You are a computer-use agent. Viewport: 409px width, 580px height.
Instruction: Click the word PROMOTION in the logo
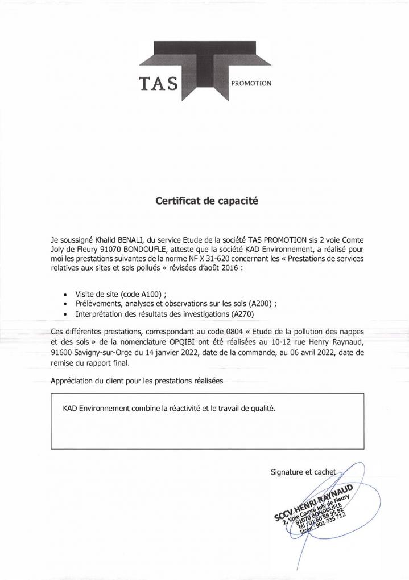pyautogui.click(x=251, y=83)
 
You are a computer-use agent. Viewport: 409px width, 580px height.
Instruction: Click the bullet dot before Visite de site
pyautogui.click(x=67, y=295)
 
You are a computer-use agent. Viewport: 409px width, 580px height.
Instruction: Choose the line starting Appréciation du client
pyautogui.click(x=137, y=380)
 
